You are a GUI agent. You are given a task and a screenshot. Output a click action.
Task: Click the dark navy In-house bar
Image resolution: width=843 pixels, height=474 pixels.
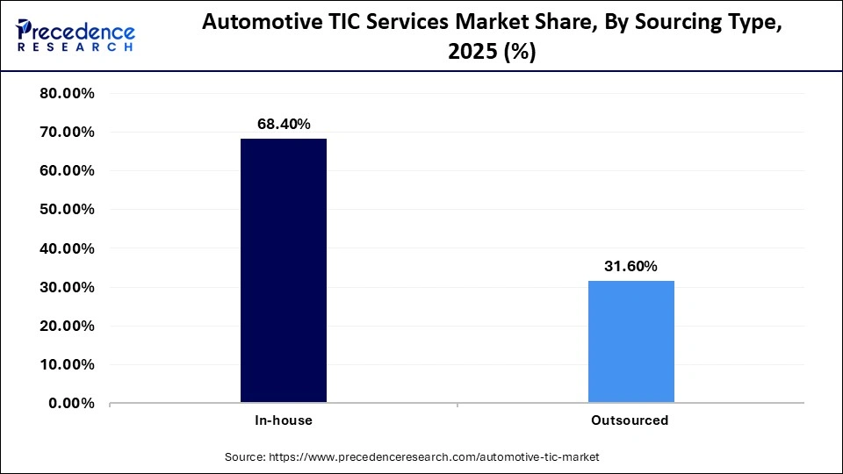(284, 270)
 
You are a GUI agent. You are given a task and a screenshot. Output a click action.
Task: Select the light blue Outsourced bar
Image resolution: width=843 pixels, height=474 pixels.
(630, 341)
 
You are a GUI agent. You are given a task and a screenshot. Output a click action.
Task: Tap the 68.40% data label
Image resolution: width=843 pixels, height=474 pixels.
(284, 125)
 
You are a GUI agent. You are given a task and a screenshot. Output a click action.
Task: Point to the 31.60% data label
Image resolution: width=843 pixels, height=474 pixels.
(630, 267)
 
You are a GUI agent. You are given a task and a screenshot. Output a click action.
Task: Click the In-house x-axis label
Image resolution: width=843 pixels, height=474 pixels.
(284, 420)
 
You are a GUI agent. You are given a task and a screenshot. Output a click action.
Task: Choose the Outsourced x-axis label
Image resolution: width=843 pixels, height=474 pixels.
(630, 420)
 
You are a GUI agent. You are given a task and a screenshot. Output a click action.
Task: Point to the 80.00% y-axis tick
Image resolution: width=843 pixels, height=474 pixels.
(68, 94)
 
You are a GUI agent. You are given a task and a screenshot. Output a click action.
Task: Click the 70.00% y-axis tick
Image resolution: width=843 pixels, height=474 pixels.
(68, 133)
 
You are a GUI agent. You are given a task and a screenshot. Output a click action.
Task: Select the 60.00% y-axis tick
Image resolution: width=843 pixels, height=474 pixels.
(68, 171)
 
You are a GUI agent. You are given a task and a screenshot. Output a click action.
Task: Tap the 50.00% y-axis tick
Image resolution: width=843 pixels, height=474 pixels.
(68, 210)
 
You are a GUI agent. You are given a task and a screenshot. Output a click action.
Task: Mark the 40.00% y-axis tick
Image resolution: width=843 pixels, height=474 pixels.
(68, 248)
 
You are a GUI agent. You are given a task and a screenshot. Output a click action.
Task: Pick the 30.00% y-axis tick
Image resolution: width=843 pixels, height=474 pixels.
(68, 287)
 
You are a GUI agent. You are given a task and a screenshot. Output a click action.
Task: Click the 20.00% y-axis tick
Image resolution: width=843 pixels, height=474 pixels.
(68, 326)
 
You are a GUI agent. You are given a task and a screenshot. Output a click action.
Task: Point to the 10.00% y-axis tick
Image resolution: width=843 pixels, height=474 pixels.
(68, 364)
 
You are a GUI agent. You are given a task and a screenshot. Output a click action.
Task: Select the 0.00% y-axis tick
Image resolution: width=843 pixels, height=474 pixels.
(71, 403)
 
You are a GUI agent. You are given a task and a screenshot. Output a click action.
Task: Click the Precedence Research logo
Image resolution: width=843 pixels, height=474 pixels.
(76, 36)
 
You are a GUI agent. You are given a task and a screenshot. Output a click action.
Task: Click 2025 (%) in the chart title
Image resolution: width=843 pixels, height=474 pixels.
(492, 53)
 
